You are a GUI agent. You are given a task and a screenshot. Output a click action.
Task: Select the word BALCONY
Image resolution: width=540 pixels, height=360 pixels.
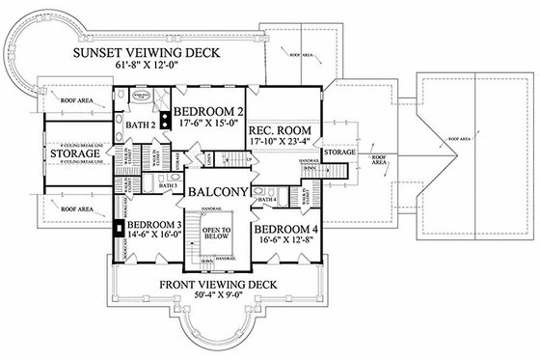coord(220,191)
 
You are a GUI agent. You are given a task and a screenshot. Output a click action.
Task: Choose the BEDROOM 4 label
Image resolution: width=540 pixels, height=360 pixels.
coord(286,230)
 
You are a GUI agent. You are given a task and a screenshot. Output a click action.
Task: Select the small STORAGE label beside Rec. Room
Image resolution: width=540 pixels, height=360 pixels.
coord(339,152)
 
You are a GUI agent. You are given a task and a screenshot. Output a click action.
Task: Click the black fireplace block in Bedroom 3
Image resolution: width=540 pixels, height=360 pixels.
coord(118,230)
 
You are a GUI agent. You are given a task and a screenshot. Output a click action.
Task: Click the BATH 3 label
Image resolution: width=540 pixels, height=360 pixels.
coord(168,184)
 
